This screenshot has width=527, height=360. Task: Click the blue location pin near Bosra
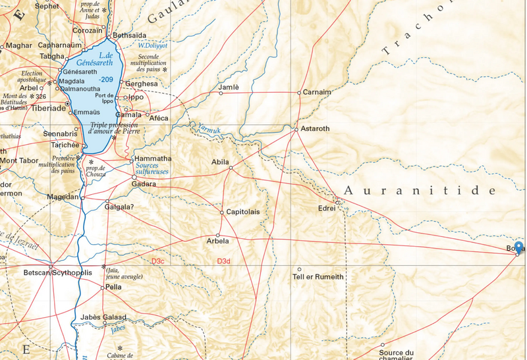(518, 247)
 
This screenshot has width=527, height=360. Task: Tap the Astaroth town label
(315, 129)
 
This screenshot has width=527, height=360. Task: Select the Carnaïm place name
(317, 93)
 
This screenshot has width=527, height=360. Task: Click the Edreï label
(327, 209)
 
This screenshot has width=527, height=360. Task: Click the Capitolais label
(243, 213)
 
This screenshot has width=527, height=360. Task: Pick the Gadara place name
(144, 184)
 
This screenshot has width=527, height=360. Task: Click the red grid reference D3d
(225, 261)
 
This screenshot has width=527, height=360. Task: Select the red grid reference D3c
(158, 261)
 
